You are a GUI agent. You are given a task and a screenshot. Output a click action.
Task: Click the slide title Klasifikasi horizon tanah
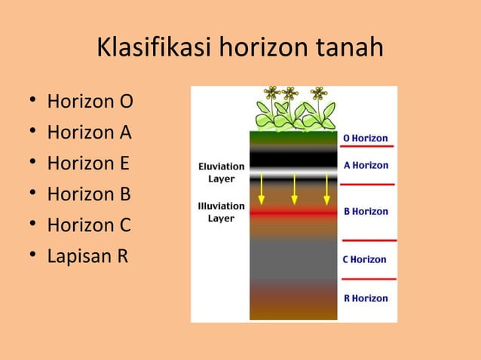pos(240,49)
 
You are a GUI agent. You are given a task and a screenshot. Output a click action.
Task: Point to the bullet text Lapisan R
pos(87,256)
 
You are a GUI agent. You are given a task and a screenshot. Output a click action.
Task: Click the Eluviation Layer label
pos(221,172)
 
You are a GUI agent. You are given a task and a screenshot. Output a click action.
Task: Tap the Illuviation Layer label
pos(221,212)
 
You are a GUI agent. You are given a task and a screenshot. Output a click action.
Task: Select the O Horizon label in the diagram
pos(366,139)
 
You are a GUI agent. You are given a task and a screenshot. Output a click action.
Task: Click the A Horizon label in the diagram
pos(366,165)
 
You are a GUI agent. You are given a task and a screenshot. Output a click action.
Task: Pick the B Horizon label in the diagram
pos(366,212)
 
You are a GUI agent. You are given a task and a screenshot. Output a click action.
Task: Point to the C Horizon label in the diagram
pos(365,259)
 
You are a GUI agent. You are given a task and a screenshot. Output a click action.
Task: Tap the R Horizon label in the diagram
pos(366,298)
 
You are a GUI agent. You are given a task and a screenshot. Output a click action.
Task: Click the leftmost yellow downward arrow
pos(261,188)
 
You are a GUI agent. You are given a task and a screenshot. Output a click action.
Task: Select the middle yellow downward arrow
pos(294,188)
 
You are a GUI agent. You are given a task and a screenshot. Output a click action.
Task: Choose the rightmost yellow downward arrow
pos(326,188)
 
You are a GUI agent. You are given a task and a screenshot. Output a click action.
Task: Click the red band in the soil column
pos(293,214)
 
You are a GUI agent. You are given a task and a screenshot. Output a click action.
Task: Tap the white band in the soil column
pos(293,172)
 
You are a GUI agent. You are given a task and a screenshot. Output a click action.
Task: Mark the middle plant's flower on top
pos(289,93)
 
